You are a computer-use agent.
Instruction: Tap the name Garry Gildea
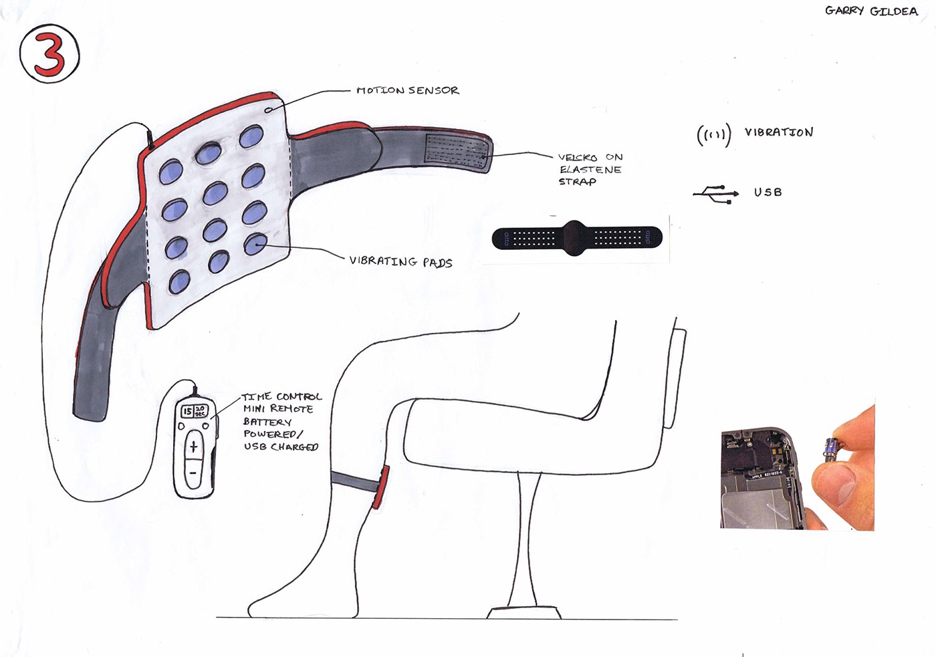pos(871,11)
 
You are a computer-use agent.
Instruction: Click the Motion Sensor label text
pos(407,90)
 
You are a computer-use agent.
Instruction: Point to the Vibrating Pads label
pos(400,261)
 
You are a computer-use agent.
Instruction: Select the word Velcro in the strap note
pos(577,158)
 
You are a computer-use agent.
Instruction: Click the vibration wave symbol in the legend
pos(714,135)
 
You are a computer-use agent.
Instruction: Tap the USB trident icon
pos(716,194)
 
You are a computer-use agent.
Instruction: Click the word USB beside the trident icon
pos(768,192)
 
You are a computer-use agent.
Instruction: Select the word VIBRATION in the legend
pos(779,132)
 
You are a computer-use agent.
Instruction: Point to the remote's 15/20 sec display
pos(194,411)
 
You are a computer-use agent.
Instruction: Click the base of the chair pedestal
pos(524,612)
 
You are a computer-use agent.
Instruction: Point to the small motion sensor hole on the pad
pos(269,109)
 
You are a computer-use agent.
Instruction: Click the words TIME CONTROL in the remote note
pos(281,396)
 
